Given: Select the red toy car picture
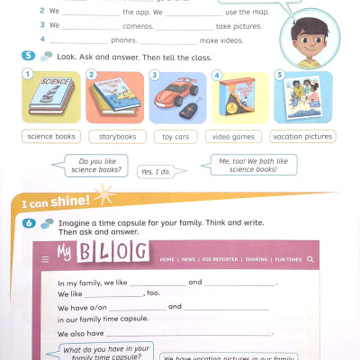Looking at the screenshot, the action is tap(177, 98).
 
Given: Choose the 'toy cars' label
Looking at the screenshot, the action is tap(176, 137).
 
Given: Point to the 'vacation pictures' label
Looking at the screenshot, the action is tap(301, 137).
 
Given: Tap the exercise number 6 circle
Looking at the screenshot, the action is tap(28, 223).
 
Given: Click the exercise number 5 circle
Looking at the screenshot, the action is tap(28, 56).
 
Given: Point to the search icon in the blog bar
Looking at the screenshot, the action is tap(310, 259).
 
